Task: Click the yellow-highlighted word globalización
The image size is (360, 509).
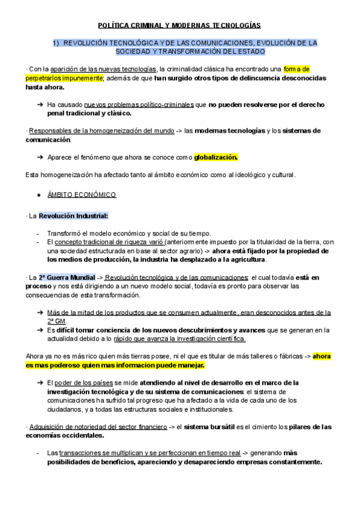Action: pos(216,157)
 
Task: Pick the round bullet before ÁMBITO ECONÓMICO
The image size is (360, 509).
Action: pos(39,195)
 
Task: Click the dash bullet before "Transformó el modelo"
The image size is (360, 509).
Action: pos(38,233)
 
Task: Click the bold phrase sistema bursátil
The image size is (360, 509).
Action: pos(214,427)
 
